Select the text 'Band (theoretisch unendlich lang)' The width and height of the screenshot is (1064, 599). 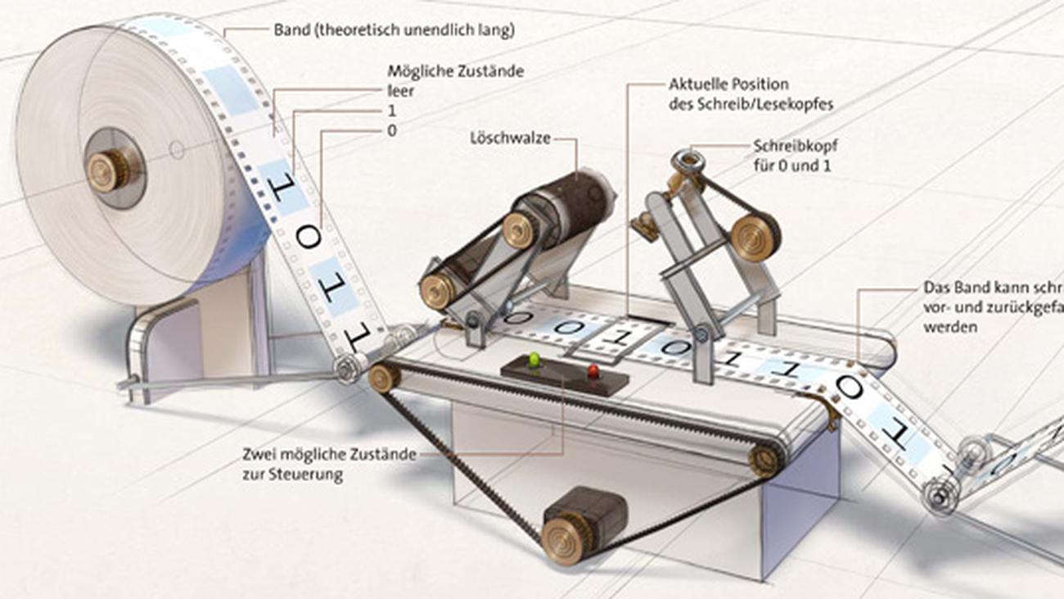(x=394, y=30)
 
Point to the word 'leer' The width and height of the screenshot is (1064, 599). (x=400, y=91)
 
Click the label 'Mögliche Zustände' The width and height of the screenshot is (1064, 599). (x=455, y=71)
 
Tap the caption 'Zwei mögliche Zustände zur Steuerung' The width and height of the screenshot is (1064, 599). (x=329, y=464)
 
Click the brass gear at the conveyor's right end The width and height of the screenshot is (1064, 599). (x=766, y=460)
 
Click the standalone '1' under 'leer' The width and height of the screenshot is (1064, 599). (x=392, y=111)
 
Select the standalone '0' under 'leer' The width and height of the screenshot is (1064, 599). (x=392, y=130)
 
